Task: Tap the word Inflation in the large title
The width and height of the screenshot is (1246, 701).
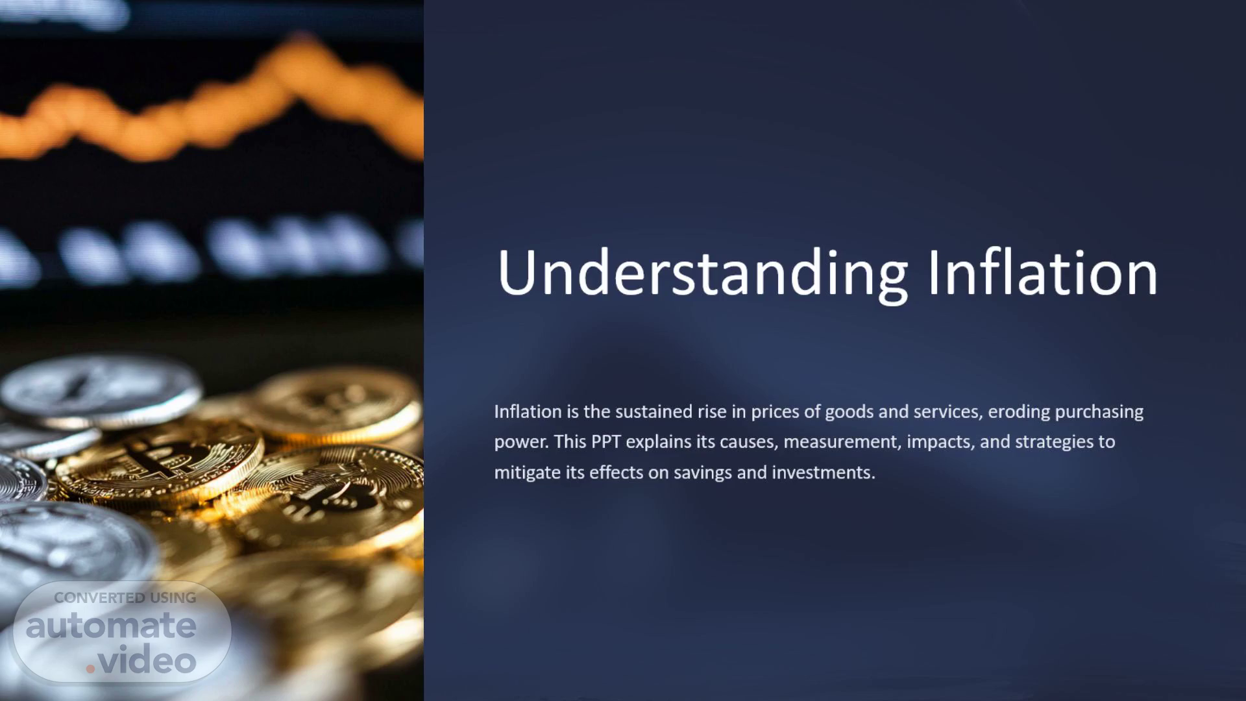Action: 1043,272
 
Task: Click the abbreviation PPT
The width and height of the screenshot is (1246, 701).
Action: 606,442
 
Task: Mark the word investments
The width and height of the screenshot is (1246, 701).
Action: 823,473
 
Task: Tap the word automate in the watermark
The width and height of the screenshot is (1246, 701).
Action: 111,626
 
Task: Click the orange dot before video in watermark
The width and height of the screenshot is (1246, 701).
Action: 91,668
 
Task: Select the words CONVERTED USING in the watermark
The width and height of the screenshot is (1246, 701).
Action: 125,598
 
